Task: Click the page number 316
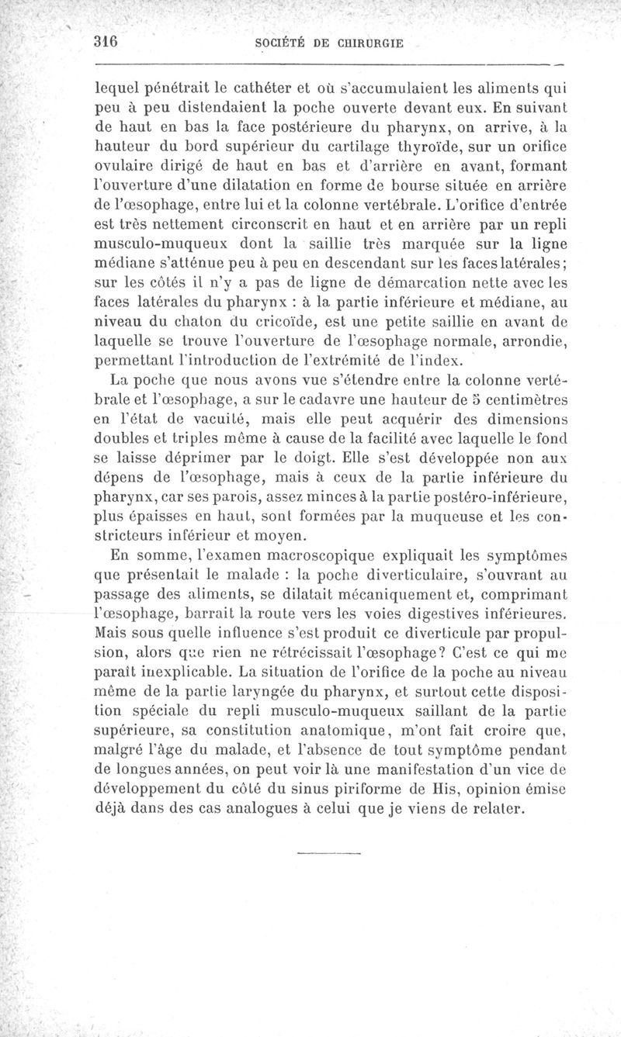pos(105,43)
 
